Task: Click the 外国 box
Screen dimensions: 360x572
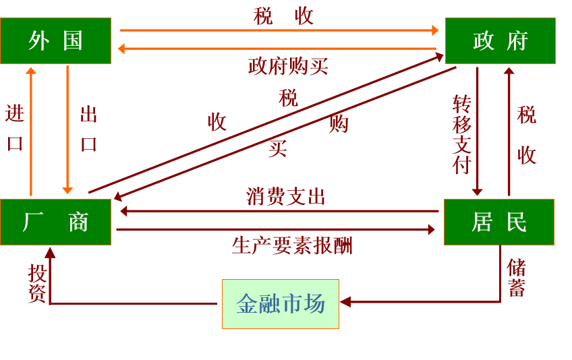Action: [x=55, y=40]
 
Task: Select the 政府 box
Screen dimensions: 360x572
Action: [x=500, y=40]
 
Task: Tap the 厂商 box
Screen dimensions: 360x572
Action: [x=55, y=222]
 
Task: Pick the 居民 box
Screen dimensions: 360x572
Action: [x=499, y=222]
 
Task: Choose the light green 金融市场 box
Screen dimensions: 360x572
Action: [x=281, y=304]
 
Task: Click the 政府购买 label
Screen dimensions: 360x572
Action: [x=288, y=66]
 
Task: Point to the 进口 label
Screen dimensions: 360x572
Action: [x=15, y=127]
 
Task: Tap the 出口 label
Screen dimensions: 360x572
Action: [x=89, y=128]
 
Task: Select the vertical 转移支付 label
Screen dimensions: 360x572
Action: [x=462, y=134]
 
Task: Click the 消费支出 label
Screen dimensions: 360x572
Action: [x=286, y=197]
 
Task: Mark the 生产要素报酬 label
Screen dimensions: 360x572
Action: [x=292, y=245]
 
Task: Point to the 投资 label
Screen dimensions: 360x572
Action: [x=37, y=282]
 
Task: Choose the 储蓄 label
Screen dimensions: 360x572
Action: [x=517, y=277]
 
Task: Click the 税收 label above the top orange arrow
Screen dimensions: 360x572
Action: [x=284, y=16]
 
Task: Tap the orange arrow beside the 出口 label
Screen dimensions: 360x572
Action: [x=67, y=128]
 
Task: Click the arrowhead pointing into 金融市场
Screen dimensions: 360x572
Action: [x=345, y=302]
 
